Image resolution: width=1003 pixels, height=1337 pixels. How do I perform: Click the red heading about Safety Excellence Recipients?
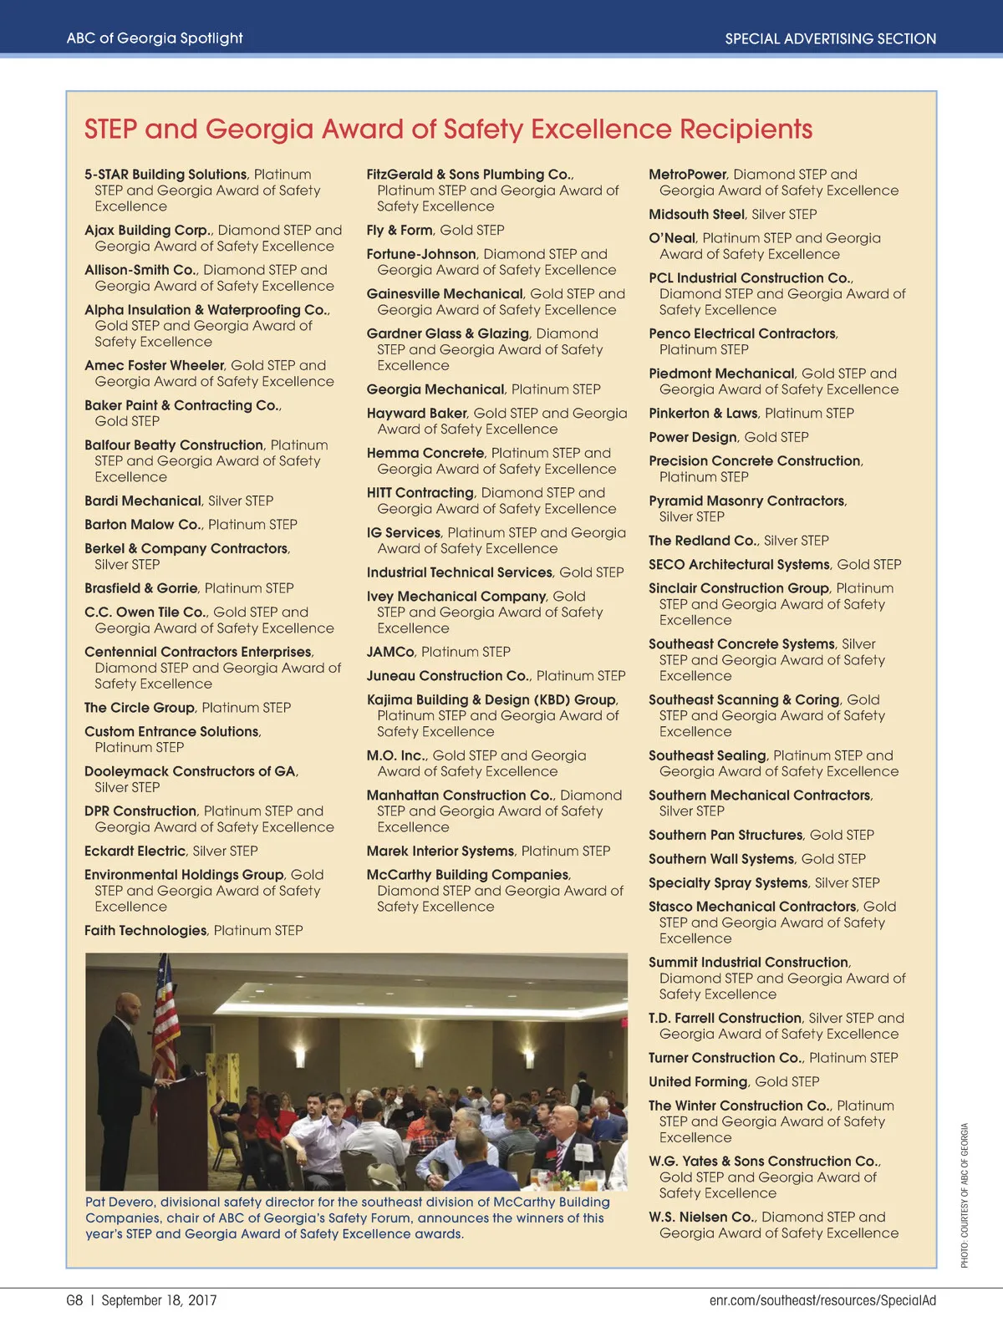point(448,130)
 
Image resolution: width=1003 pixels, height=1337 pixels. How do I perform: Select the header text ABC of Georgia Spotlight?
point(155,38)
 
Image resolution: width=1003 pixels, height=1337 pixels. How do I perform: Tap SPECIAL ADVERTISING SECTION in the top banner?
point(830,38)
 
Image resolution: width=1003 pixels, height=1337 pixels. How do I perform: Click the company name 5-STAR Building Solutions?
point(165,175)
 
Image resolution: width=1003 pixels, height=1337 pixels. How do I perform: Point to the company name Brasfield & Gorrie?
point(141,588)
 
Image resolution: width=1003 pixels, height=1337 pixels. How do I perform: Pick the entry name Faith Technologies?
point(145,930)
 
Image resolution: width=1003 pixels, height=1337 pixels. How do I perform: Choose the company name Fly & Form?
point(400,230)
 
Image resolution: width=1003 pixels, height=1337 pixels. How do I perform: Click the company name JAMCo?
point(390,652)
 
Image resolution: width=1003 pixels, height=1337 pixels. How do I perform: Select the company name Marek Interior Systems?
point(440,851)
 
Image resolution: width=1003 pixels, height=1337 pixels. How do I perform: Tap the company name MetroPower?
point(688,175)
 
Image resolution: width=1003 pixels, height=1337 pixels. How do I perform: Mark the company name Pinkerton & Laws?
point(703,413)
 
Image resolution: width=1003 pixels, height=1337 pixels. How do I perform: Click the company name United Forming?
point(698,1081)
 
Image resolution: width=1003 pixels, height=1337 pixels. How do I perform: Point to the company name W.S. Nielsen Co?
point(702,1217)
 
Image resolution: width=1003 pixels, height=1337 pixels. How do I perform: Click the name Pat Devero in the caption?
point(120,1202)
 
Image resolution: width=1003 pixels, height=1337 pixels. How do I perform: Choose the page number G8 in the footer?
point(74,1300)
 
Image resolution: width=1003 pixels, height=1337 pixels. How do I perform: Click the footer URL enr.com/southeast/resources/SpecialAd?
point(822,1300)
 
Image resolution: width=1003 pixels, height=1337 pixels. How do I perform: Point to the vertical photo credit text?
point(965,1195)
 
